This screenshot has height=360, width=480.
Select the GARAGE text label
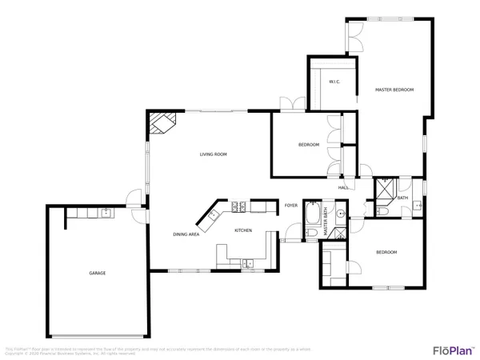coord(97,274)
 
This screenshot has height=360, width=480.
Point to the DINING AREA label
coord(186,234)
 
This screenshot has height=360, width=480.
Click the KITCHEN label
coord(243,230)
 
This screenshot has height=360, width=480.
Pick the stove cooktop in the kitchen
coord(238,208)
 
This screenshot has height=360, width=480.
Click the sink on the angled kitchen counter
coord(214,215)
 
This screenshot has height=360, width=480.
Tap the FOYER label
coord(292,206)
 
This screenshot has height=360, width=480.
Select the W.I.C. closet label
coord(333,82)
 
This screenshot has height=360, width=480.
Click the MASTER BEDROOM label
coord(394,90)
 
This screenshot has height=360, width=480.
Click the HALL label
coord(342,187)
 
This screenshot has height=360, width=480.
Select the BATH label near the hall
coord(402,198)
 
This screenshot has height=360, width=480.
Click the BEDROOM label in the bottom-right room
coord(386,253)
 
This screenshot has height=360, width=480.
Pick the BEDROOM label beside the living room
coord(309,145)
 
